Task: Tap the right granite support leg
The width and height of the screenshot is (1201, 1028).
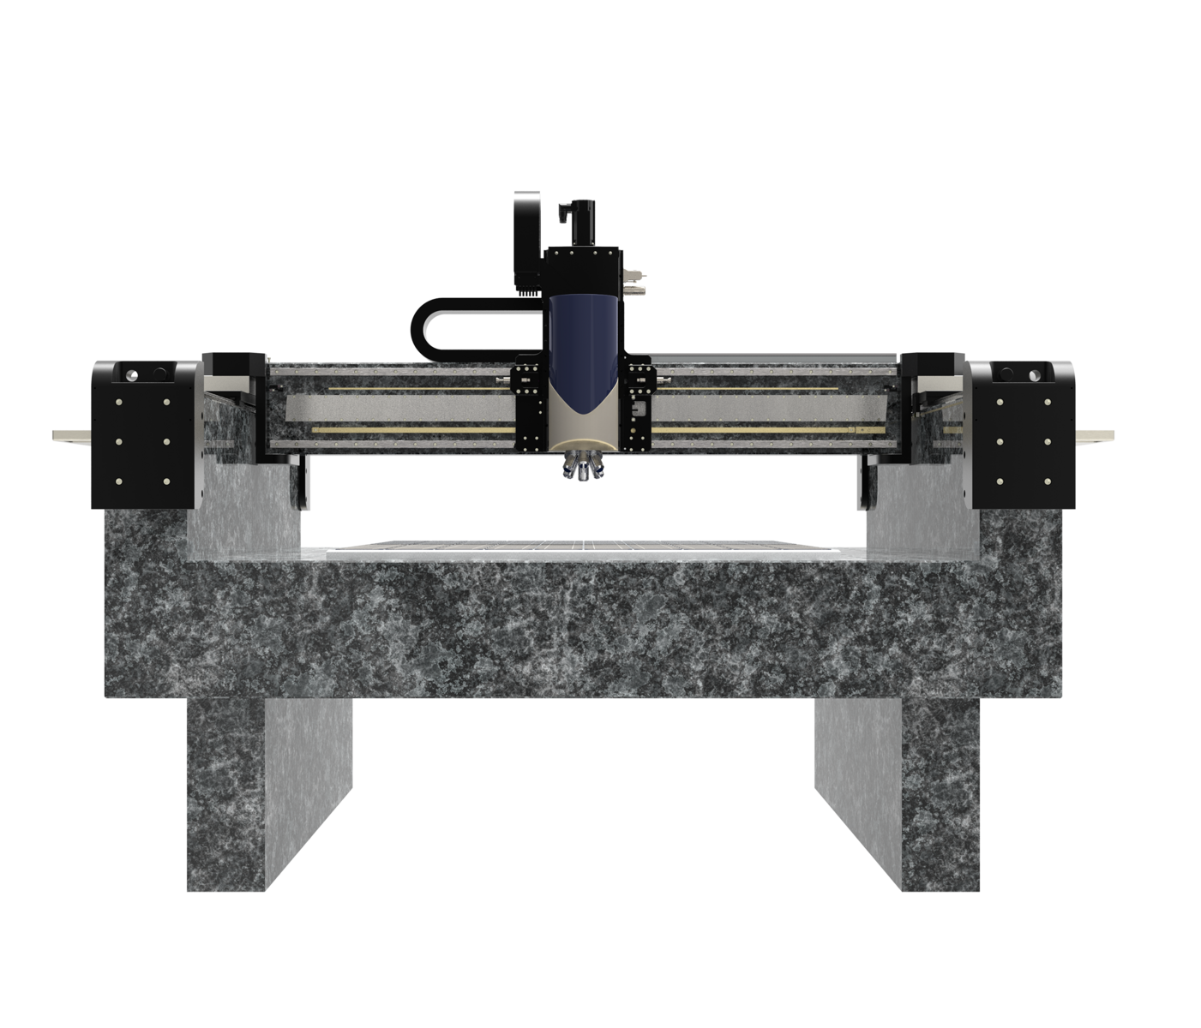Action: coord(898,792)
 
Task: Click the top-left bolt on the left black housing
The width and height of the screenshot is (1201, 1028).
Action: coord(119,401)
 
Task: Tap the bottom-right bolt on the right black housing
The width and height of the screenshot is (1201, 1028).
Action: coord(1048,481)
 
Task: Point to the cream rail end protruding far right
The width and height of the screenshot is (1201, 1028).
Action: coord(1096,434)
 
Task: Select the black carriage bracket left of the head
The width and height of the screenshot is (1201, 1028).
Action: coord(528,407)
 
